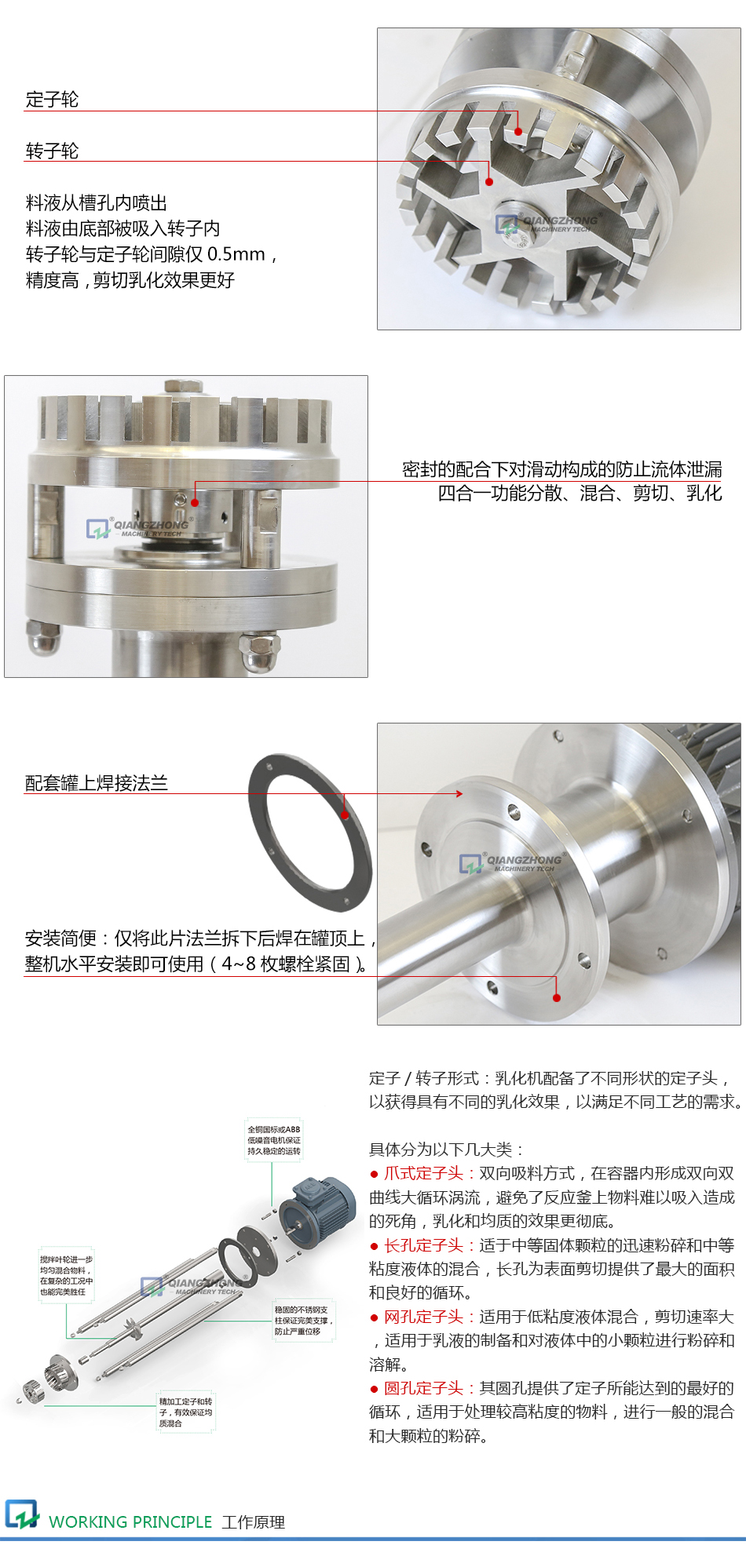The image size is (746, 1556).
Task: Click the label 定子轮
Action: pos(52,100)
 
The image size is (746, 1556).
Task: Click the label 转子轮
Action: pos(52,151)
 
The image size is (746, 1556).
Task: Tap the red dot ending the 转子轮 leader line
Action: pos(489,182)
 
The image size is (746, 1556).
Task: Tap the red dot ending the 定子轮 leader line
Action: pos(518,131)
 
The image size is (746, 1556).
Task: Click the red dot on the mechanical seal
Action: pos(195,502)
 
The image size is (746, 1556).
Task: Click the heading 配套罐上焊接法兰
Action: pos(96,783)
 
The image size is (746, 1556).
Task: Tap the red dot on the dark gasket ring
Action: pos(345,814)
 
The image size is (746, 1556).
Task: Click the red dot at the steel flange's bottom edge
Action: pos(557,997)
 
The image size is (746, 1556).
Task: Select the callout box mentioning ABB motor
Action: pos(273,1140)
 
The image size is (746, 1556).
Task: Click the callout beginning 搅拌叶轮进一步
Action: pos(67,1275)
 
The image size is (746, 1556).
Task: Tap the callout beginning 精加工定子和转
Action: pos(185,1412)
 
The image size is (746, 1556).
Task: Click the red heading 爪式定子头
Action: pos(423,1173)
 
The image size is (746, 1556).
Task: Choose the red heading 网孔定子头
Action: pos(423,1317)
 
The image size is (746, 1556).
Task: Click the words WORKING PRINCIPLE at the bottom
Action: pos(130,1521)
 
